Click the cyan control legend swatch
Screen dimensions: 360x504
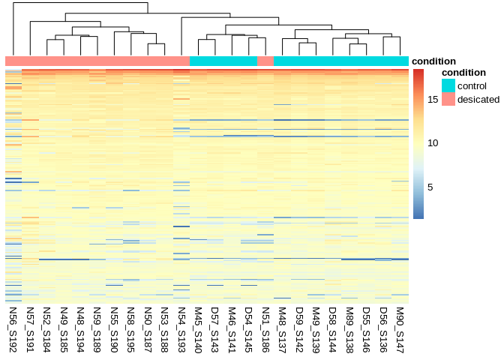(448, 85)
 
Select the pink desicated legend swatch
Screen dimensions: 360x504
(448, 99)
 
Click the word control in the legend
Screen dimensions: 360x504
(472, 85)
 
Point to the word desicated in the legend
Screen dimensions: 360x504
(478, 99)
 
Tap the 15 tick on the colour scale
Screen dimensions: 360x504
(433, 99)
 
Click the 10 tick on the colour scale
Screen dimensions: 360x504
(433, 142)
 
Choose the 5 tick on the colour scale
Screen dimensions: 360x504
(430, 187)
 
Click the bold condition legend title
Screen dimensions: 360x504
(463, 72)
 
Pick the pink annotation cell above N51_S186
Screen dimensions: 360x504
(265, 61)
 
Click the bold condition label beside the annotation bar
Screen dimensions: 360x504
(433, 61)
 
